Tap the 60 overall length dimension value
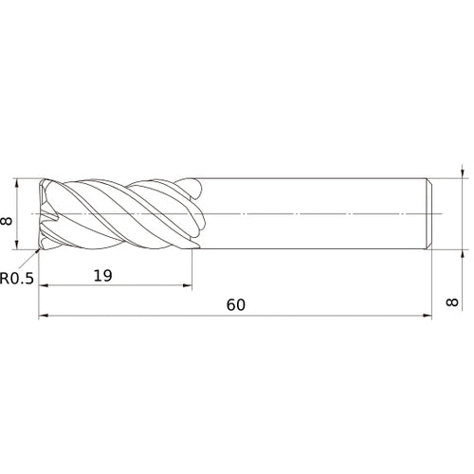pos(236,305)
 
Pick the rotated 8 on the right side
pos(462,305)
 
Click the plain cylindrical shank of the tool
pos(313,214)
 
